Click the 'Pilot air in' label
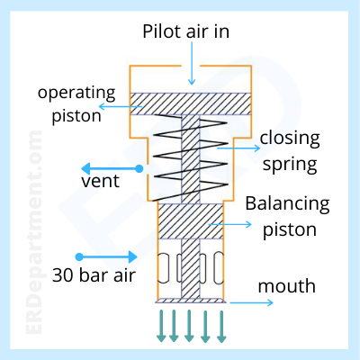[x=185, y=31]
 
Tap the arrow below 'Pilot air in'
[x=192, y=63]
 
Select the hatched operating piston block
[x=191, y=103]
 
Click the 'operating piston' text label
[x=76, y=104]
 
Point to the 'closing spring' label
[x=290, y=151]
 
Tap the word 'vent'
[x=100, y=181]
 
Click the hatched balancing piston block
[x=191, y=221]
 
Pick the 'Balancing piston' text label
[x=287, y=216]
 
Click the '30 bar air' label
[x=94, y=275]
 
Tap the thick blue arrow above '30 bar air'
[x=106, y=256]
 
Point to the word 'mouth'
[x=287, y=286]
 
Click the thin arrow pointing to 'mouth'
[x=252, y=302]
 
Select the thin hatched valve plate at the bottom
[x=191, y=301]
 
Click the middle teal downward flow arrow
[x=189, y=326]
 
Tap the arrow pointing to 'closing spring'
[x=238, y=148]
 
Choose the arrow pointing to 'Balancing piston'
[x=230, y=224]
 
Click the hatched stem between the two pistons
[x=191, y=159]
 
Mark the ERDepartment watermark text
[x=33, y=232]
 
